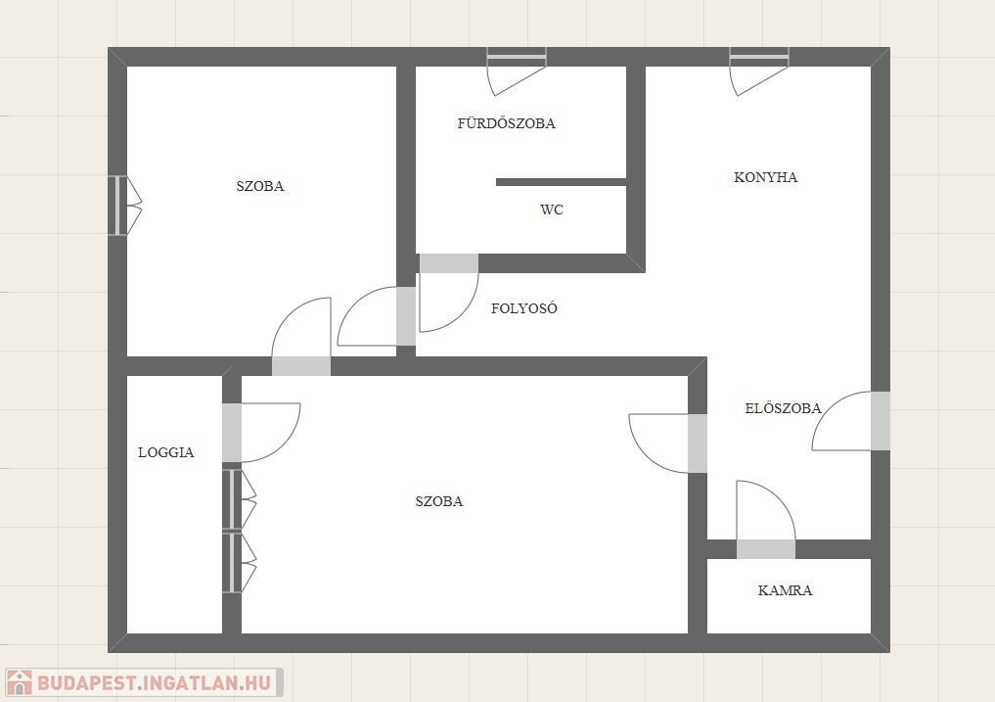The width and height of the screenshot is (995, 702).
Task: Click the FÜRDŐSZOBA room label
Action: click(507, 123)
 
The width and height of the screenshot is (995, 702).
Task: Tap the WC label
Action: click(552, 210)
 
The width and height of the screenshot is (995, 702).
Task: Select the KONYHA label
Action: click(765, 177)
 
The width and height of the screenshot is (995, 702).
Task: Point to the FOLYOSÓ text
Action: click(524, 308)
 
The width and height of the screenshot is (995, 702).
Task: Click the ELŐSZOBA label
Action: click(783, 408)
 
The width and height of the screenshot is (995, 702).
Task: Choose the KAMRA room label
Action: click(785, 590)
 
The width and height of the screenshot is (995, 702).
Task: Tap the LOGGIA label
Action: click(166, 452)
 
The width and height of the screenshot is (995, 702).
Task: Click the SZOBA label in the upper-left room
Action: click(260, 186)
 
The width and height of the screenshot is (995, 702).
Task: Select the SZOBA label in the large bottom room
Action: click(439, 501)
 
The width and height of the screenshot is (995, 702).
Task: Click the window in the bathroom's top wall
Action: click(517, 57)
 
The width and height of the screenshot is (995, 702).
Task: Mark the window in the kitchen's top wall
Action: click(759, 57)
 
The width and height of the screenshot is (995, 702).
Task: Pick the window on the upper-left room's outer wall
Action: click(118, 206)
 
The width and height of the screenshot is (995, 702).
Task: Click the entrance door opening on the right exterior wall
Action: click(881, 421)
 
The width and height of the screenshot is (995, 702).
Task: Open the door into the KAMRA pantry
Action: click(765, 549)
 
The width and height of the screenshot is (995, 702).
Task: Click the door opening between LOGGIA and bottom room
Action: click(232, 433)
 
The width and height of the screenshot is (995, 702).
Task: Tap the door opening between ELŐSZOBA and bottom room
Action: click(698, 444)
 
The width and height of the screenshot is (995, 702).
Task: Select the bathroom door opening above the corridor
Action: click(449, 263)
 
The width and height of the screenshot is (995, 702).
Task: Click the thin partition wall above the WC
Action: click(561, 182)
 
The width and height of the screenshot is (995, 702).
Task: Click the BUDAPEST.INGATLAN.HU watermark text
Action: click(155, 683)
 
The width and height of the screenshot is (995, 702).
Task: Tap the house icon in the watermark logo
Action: click(19, 683)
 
